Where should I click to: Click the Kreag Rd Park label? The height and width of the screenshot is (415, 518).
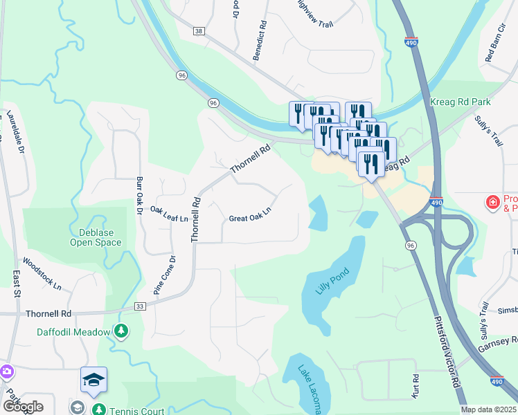click(x=470, y=102)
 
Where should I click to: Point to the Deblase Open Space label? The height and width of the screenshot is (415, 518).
click(x=96, y=237)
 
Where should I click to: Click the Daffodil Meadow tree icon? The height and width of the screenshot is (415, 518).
click(x=122, y=332)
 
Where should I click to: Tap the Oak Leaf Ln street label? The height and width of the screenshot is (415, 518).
click(x=169, y=215)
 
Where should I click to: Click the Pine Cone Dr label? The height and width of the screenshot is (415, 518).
click(x=163, y=276)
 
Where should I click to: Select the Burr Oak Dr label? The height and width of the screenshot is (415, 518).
click(x=138, y=197)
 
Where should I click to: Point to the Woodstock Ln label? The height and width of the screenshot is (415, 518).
click(x=42, y=274)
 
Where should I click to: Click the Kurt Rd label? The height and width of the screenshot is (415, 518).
click(x=416, y=387)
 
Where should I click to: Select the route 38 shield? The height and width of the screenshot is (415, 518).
click(x=200, y=32)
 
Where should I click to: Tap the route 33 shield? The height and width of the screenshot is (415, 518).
click(x=139, y=306)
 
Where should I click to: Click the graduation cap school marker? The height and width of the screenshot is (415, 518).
click(x=94, y=380)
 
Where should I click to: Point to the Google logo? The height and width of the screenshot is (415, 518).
click(x=23, y=407)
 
